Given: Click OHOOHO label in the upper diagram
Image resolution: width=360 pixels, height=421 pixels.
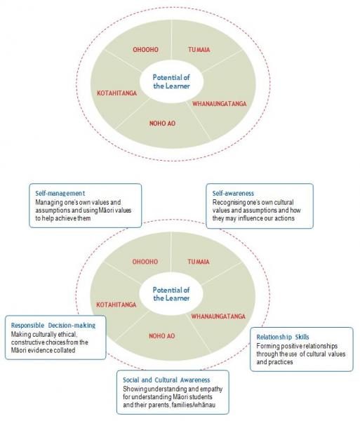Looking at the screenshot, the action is [145, 49].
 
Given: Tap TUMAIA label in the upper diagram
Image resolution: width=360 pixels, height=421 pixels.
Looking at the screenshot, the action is [199, 50].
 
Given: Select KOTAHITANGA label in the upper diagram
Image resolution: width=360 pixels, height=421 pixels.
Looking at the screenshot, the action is [116, 93].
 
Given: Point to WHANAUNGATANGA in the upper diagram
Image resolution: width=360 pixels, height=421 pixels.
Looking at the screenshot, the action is [220, 104].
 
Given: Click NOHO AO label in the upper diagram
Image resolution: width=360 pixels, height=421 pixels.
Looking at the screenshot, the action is [162, 123].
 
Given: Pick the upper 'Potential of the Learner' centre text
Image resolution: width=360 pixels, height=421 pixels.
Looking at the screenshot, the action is [171, 81].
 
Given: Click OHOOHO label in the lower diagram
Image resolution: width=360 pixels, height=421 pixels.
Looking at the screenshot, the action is [145, 262].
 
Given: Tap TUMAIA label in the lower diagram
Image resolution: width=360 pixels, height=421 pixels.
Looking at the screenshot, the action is [199, 262].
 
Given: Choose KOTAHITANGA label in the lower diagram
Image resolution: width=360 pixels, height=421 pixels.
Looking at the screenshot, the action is [116, 305].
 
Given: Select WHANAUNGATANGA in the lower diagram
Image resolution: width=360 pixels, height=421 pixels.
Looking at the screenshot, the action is [218, 316].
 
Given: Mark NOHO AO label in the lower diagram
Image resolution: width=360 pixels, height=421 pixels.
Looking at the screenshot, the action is [162, 336].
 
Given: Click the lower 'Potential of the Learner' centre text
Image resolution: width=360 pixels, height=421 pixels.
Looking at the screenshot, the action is [171, 294].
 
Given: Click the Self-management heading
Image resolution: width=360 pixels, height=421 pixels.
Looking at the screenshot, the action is [60, 194].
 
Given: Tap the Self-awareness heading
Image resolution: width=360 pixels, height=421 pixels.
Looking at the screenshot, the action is [233, 194].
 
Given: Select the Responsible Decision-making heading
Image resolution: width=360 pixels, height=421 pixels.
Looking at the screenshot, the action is [53, 326].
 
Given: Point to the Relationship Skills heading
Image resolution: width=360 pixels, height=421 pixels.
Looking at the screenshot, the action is [283, 337].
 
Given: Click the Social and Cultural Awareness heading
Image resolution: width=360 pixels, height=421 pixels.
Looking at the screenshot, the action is [166, 380].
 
